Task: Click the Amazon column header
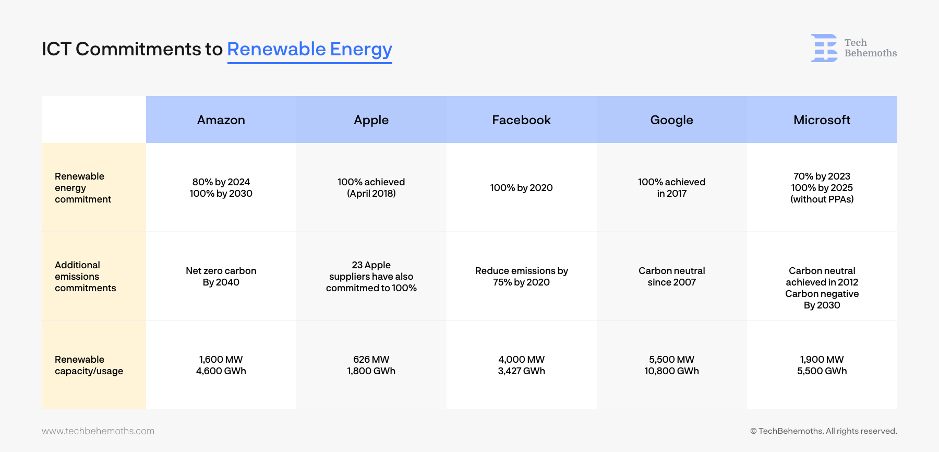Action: click(221, 120)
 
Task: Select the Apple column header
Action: click(371, 121)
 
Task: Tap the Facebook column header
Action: click(522, 120)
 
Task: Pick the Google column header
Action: click(672, 121)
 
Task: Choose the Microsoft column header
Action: click(822, 120)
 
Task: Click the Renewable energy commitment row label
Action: click(83, 188)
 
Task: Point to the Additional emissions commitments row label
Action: click(86, 277)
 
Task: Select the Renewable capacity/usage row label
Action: click(89, 365)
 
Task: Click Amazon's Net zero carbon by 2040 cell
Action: click(221, 277)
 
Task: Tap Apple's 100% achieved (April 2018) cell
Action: click(371, 188)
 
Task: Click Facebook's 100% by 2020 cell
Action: click(522, 188)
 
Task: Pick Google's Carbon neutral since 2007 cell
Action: click(672, 277)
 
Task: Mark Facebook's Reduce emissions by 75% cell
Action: click(522, 277)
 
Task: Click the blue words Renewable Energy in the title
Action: click(310, 50)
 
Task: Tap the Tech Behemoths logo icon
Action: click(824, 48)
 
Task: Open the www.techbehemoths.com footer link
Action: click(98, 431)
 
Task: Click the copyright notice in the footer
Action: click(824, 431)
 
